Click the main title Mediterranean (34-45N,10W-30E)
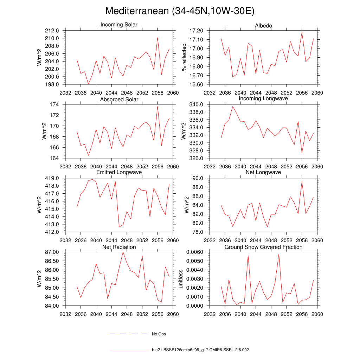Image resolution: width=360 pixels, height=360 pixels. [x=180, y=11]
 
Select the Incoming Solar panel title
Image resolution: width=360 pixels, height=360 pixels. [x=119, y=25]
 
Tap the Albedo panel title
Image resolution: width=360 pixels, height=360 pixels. [x=263, y=26]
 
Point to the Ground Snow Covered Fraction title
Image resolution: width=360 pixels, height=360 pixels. [x=263, y=247]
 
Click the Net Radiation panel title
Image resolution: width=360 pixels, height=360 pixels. [x=119, y=247]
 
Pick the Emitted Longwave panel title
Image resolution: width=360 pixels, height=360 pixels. [x=119, y=172]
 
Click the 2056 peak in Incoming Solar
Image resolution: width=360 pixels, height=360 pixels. [x=157, y=38]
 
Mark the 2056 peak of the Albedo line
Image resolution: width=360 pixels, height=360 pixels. [x=302, y=32]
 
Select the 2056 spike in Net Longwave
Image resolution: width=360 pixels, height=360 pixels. [x=302, y=181]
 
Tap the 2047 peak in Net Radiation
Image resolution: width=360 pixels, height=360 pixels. [x=123, y=252]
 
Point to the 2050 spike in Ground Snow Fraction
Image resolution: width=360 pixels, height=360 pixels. [x=279, y=254]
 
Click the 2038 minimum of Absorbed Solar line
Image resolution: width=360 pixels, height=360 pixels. [x=88, y=155]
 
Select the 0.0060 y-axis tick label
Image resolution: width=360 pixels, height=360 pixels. [x=195, y=252]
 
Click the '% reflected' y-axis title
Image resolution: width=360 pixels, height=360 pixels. [x=184, y=57]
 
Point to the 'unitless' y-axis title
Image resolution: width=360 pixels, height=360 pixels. [x=181, y=279]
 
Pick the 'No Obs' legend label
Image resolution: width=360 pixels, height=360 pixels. [x=159, y=334]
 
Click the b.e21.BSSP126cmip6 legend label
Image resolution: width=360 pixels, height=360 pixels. [x=200, y=350]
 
